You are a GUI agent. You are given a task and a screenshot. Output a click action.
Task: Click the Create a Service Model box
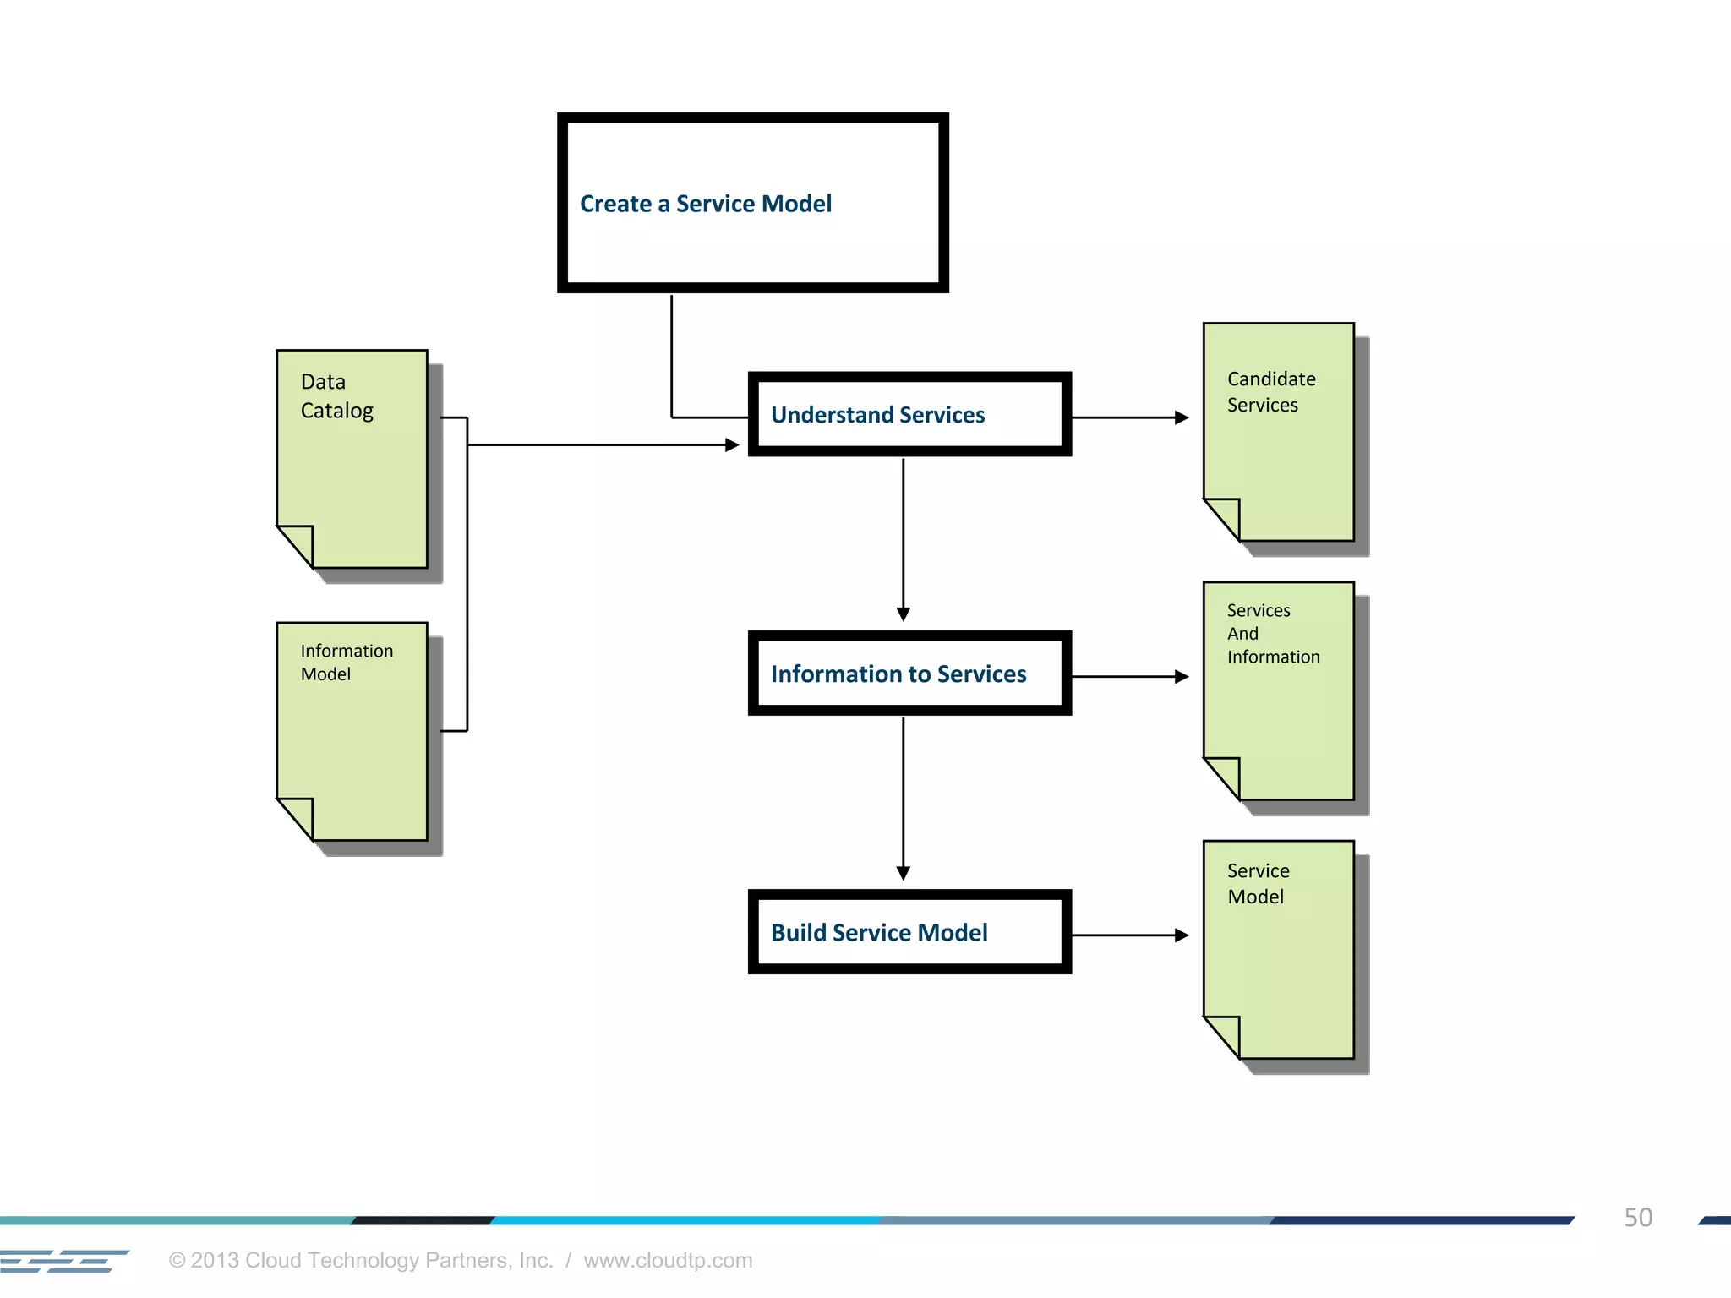[x=752, y=203]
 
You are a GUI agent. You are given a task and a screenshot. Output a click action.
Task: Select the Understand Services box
[x=909, y=414]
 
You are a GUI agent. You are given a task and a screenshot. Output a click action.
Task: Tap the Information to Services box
[x=909, y=674]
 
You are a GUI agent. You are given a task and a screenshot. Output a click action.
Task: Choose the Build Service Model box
[x=909, y=932]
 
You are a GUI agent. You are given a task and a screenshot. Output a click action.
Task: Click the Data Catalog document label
[x=336, y=396]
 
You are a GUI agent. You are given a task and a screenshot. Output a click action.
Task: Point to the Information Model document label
[x=347, y=663]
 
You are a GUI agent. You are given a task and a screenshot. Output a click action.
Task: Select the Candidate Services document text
[x=1270, y=392]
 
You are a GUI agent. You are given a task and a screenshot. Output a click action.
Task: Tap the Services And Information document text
[x=1272, y=634]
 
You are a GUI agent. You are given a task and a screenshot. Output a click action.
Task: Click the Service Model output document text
[x=1258, y=884]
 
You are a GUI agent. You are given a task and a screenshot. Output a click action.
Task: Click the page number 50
[x=1637, y=1218]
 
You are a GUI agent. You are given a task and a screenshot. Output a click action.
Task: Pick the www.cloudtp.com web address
[x=668, y=1260]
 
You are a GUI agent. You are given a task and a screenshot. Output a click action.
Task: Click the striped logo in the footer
[x=63, y=1261]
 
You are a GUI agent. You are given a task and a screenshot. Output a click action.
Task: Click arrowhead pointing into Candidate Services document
[x=1182, y=417]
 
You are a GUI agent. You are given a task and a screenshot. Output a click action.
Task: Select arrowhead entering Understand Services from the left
[x=732, y=444]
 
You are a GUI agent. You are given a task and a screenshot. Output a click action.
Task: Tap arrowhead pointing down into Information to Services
[x=903, y=614]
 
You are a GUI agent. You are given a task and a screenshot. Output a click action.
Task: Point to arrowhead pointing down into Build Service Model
[x=903, y=873]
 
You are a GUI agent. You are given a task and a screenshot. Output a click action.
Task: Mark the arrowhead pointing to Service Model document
[x=1182, y=935]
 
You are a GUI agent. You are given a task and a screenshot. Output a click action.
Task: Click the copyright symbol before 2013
[x=177, y=1261]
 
